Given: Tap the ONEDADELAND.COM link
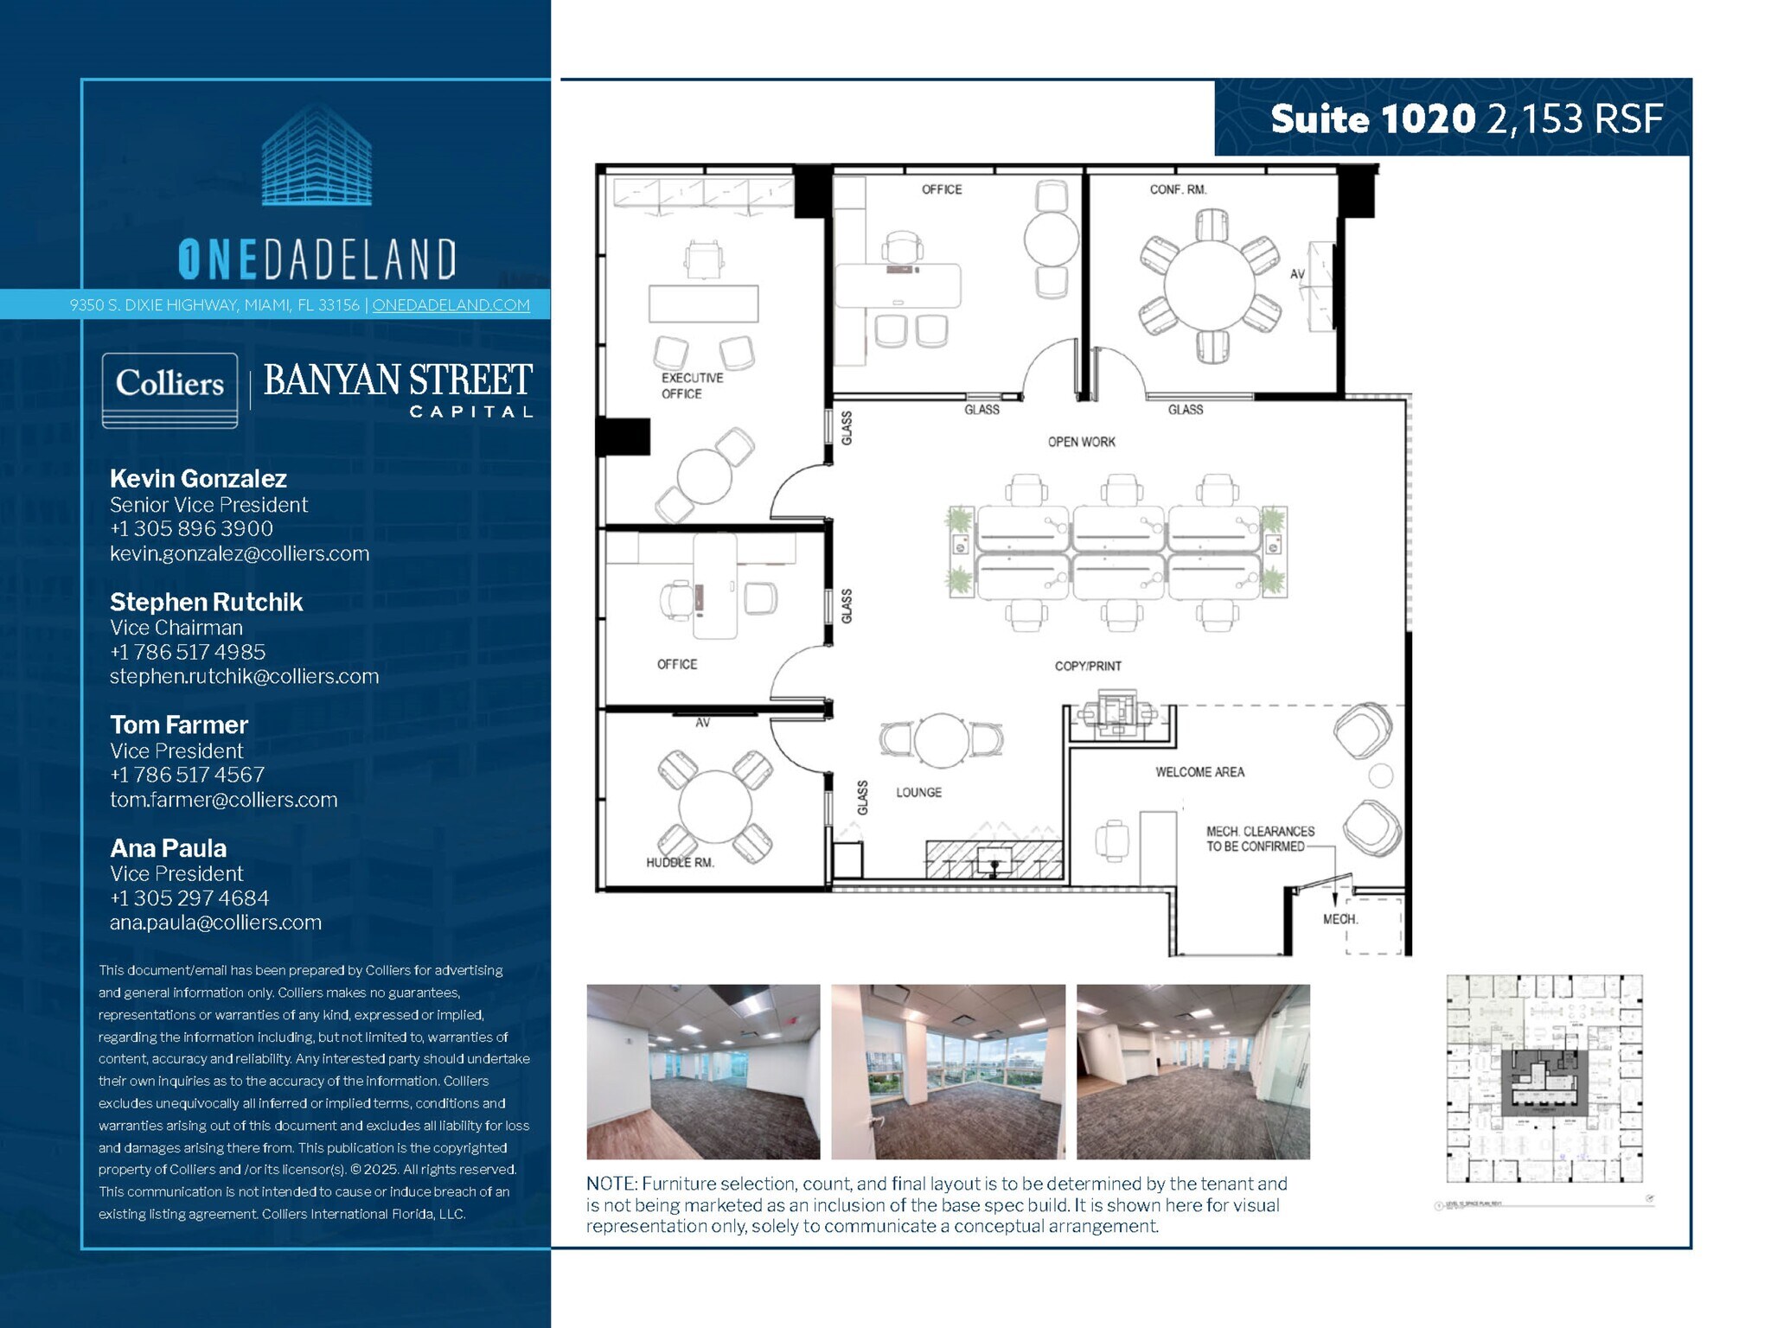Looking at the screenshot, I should click(451, 305).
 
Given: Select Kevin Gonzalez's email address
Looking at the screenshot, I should click(240, 553).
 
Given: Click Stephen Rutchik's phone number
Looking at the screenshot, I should click(188, 652).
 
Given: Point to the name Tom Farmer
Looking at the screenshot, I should click(179, 725).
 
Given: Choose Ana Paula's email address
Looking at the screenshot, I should click(215, 923).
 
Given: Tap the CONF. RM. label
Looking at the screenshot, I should click(1178, 189).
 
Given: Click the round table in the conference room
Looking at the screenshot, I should click(1209, 284).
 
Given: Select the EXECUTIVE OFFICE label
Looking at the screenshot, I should click(692, 386).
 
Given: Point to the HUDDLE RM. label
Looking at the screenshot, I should click(680, 862).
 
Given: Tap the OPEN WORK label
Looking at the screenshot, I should click(1081, 442).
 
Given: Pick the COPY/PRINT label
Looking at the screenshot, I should click(1088, 666).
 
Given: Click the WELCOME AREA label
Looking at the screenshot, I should click(1199, 772).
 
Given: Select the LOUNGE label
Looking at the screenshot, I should click(918, 792).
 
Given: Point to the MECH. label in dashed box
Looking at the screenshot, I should click(1340, 919).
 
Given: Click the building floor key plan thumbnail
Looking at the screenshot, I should click(1544, 1079).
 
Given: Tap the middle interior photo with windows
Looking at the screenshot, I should click(948, 1071).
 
